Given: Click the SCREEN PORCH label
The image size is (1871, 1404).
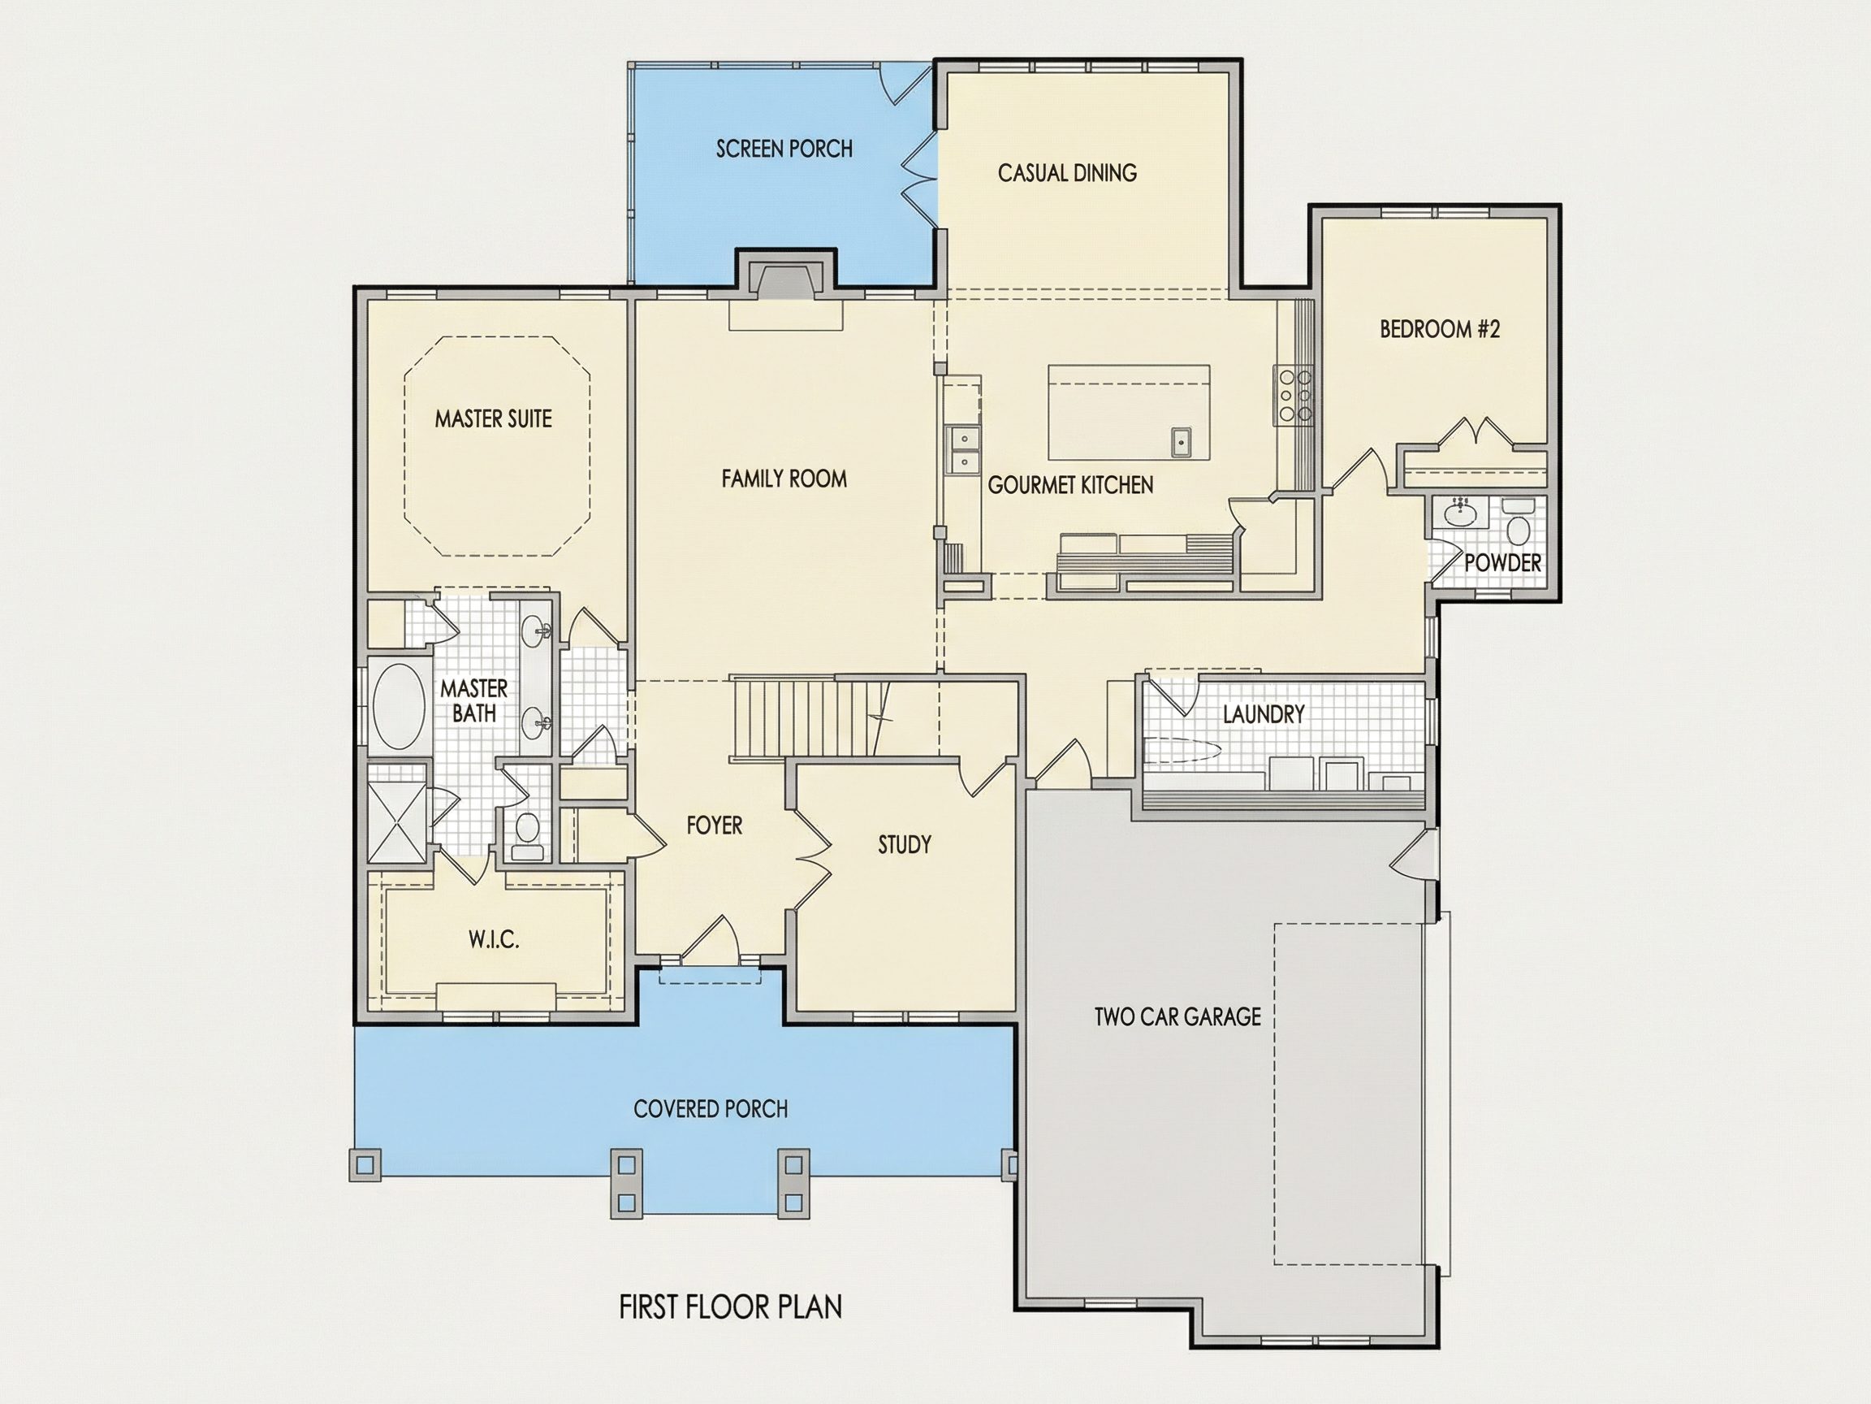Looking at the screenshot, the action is coord(784,149).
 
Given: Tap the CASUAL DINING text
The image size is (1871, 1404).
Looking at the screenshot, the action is coord(1066,172).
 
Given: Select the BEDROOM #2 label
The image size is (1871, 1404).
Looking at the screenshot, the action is coord(1440,329).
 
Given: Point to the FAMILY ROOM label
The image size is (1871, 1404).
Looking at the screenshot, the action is coord(784,479).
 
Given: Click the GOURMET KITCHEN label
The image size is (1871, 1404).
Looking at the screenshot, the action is coord(1070,485).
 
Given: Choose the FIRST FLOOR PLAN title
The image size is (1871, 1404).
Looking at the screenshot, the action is coord(731,1307).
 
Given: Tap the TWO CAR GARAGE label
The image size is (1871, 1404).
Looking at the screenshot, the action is coord(1177,1016).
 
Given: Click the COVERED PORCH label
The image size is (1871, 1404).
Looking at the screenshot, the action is coord(711,1108).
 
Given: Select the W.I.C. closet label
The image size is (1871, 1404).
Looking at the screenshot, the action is coord(494,939).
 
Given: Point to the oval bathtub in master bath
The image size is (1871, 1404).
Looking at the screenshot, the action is coord(400,708).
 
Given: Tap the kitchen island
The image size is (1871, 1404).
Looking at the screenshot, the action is coord(1128,412).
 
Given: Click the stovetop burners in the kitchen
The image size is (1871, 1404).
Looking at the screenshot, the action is coord(1294,395).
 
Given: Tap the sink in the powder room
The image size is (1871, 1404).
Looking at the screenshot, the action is coord(1458,511).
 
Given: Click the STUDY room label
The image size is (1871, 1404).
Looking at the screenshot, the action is coord(904,845).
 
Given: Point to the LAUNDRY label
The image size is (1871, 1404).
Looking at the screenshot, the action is coord(1264,714).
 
